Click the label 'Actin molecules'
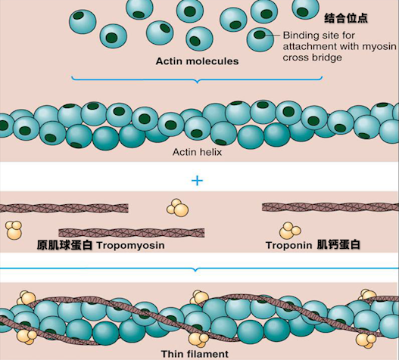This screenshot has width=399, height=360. [x=197, y=61]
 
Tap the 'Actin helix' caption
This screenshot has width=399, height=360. [x=197, y=152]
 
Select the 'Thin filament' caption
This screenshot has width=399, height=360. [x=195, y=354]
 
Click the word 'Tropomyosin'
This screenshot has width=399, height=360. [x=130, y=246]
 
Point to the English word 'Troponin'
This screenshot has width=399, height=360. [x=288, y=245]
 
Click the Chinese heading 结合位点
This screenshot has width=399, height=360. [x=346, y=18]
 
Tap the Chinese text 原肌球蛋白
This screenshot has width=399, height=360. [x=64, y=245]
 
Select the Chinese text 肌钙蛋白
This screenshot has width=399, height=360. [x=338, y=244]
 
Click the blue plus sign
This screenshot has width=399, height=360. [x=197, y=181]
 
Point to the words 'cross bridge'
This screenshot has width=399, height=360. [x=312, y=57]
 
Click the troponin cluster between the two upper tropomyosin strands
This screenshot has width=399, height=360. [x=178, y=207]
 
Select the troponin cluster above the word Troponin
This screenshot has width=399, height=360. [x=290, y=231]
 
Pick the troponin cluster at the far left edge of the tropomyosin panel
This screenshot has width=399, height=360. [x=14, y=230]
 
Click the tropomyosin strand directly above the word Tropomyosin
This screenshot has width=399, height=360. [x=132, y=233]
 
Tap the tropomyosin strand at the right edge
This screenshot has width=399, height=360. [x=330, y=207]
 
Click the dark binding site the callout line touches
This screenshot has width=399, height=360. [x=260, y=34]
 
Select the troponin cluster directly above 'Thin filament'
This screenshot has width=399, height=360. [x=198, y=340]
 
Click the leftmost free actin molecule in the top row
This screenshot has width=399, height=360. [x=83, y=21]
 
